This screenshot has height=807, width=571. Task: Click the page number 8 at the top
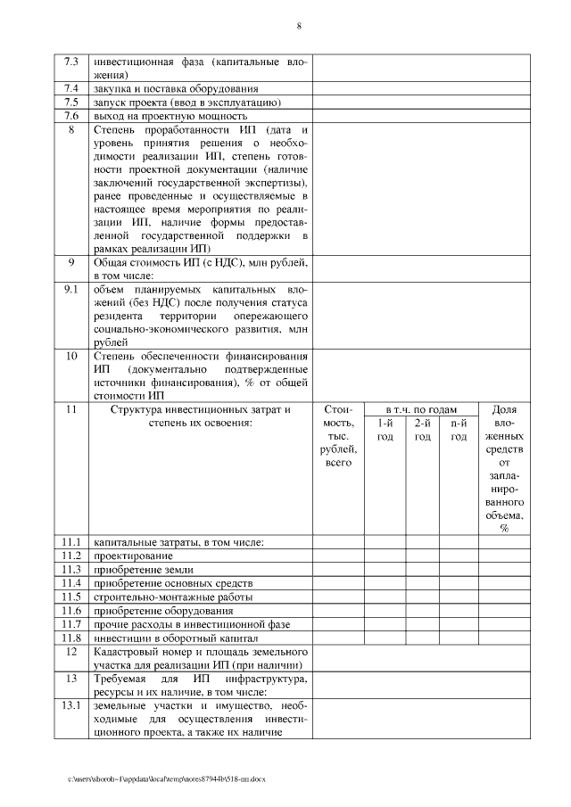[298, 26]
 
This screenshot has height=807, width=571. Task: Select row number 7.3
[71, 62]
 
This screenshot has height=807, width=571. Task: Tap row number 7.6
[71, 116]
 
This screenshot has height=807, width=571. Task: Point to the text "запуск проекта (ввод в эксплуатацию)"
[187, 103]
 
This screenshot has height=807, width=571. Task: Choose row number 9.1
[71, 291]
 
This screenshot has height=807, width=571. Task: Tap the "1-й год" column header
[385, 430]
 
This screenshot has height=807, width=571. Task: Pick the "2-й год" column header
[423, 430]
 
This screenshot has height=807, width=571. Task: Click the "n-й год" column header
[459, 430]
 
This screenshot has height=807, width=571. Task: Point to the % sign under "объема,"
[504, 528]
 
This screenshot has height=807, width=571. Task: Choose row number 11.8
[71, 638]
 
